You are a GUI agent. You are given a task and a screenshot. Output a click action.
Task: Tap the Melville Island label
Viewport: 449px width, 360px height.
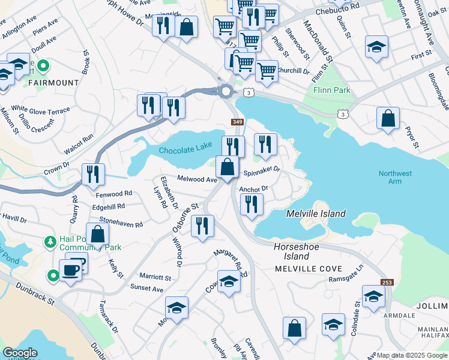click(x=316, y=214)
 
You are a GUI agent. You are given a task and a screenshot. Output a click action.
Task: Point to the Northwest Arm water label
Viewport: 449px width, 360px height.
click(x=395, y=178)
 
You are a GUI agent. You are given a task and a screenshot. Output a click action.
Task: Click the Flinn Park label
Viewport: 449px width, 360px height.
click(x=331, y=91)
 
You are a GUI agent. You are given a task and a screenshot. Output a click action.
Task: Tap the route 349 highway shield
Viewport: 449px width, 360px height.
click(x=237, y=122)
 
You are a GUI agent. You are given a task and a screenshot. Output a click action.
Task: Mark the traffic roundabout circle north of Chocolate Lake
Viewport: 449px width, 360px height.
click(x=226, y=91)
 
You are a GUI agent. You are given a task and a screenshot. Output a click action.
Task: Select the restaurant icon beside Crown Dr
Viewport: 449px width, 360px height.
click(x=93, y=175)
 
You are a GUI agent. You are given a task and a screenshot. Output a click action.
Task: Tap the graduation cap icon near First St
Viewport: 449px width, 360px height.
click(x=376, y=47)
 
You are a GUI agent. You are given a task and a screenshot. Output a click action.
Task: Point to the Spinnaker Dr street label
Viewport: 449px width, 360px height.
click(x=262, y=170)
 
